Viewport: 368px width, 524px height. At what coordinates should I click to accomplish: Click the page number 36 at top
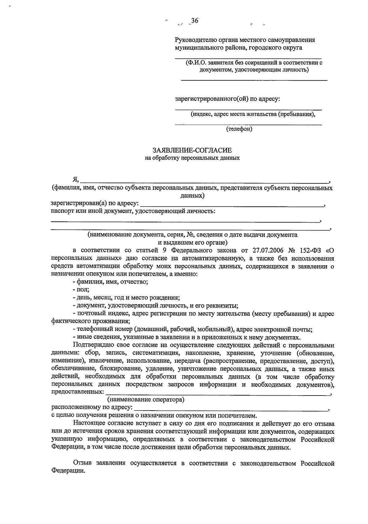(194, 21)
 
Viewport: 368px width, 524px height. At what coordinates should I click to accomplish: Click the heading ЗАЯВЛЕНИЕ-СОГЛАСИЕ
(192, 150)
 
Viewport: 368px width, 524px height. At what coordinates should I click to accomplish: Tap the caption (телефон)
(239, 129)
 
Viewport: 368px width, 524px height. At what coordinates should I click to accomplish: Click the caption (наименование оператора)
(146, 400)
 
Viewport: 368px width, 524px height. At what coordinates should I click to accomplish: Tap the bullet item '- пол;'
(81, 289)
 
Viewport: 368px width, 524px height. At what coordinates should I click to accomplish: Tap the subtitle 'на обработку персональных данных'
(192, 159)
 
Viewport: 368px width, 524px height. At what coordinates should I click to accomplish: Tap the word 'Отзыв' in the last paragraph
(82, 463)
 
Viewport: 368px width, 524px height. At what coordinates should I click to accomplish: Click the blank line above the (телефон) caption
(248, 124)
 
